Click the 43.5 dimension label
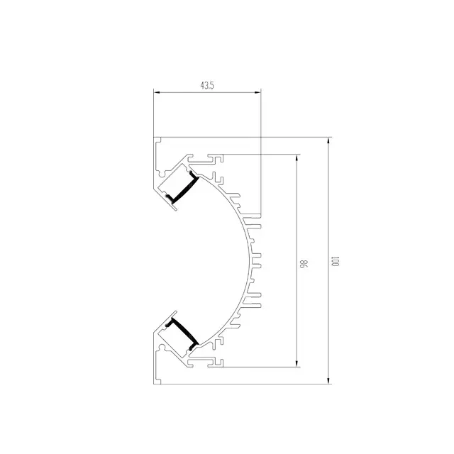207,86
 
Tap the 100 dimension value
336,262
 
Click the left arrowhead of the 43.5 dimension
157,93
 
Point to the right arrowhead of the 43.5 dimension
258,93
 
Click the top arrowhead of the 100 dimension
328,140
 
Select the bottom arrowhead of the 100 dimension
328,380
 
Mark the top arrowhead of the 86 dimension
297,158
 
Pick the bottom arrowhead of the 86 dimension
297,363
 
